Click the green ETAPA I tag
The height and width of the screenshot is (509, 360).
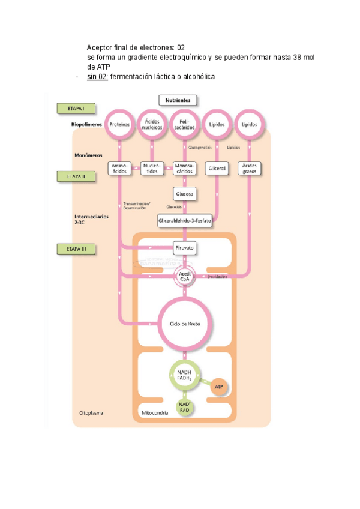click(x=77, y=109)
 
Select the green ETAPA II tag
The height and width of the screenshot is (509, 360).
click(x=77, y=176)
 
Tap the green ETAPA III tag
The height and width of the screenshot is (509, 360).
click(x=77, y=247)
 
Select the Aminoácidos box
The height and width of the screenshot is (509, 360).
click(x=120, y=169)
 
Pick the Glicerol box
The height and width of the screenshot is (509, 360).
click(x=217, y=169)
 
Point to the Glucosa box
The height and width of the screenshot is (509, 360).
click(x=185, y=194)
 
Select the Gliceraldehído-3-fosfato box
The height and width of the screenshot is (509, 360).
click(x=185, y=221)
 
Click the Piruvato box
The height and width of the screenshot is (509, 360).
click(x=185, y=247)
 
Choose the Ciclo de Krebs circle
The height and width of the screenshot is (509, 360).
click(x=185, y=324)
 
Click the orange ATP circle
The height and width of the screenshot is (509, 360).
click(x=219, y=387)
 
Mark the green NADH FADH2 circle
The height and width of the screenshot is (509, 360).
click(x=185, y=376)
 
